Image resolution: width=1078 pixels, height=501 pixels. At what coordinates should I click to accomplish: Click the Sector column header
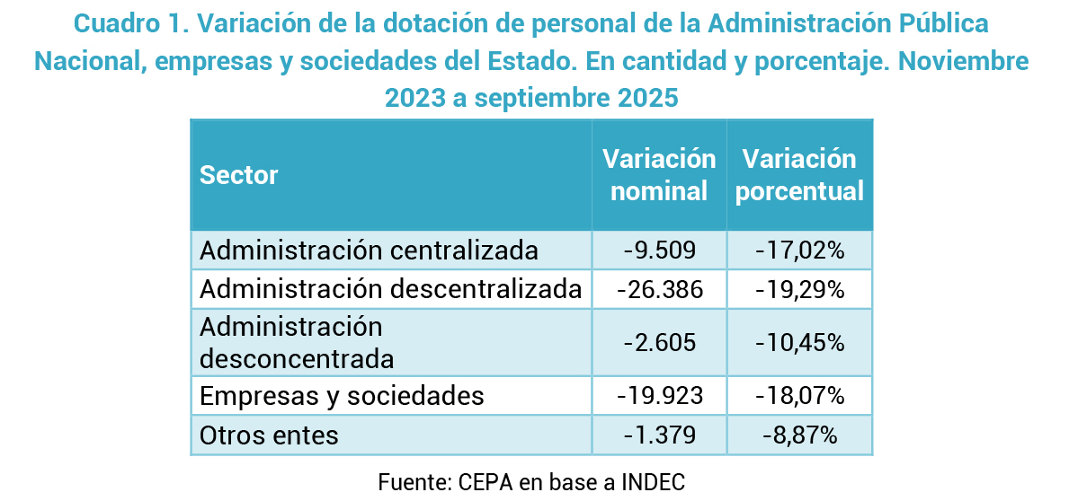tap(239, 174)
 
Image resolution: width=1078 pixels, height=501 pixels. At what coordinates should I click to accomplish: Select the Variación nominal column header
tap(659, 174)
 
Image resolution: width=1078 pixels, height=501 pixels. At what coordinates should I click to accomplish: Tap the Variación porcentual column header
tap(799, 174)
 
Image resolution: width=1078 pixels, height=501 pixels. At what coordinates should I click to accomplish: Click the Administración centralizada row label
tap(369, 250)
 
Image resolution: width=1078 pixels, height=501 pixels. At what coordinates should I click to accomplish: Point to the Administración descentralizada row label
tap(391, 289)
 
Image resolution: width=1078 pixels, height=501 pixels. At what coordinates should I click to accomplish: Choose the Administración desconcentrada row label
tap(297, 342)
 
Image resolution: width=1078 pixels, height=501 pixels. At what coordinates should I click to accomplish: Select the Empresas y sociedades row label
tap(342, 396)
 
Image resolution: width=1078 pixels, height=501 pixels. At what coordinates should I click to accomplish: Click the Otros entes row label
tap(269, 435)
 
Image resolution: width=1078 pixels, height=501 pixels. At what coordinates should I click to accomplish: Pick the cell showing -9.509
tap(659, 250)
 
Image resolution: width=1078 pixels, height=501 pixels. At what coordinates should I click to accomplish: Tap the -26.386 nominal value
tap(659, 289)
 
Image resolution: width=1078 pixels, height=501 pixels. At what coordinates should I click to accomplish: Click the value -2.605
tap(659, 342)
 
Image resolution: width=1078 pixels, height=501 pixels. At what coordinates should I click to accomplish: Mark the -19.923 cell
tap(659, 396)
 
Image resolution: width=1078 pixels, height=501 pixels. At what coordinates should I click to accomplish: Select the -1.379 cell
tap(659, 435)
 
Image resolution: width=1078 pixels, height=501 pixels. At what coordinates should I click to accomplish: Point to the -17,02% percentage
tap(799, 250)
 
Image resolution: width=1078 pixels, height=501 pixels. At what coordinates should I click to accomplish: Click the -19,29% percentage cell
tap(799, 289)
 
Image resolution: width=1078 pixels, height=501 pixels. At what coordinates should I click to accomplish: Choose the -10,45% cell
tap(799, 342)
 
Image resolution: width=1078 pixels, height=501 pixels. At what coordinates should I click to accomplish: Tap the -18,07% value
tap(799, 396)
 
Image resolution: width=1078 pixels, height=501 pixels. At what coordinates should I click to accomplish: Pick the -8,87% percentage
tap(799, 435)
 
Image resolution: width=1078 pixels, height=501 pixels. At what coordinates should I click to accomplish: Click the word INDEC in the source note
tap(653, 480)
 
